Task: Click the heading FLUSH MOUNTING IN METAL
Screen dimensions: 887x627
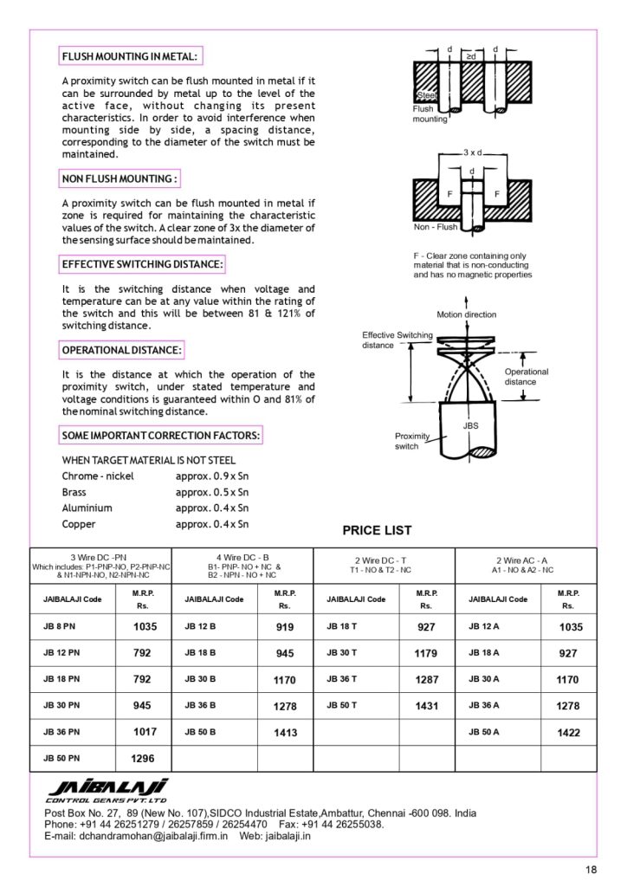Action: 130,57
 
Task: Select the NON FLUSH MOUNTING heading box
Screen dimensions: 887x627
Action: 120,178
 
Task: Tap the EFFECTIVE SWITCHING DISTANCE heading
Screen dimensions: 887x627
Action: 143,263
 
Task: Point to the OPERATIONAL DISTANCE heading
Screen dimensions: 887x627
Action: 122,350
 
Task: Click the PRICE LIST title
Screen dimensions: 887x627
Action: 378,530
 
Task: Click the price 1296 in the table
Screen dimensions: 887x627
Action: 143,759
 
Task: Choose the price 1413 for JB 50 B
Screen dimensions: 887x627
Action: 285,733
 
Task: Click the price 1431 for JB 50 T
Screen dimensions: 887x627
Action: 427,706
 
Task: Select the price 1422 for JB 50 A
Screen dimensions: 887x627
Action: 569,733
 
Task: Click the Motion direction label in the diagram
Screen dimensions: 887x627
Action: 467,314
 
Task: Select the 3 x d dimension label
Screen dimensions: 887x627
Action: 473,152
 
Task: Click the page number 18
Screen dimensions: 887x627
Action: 591,870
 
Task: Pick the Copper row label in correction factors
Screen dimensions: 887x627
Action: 79,524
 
